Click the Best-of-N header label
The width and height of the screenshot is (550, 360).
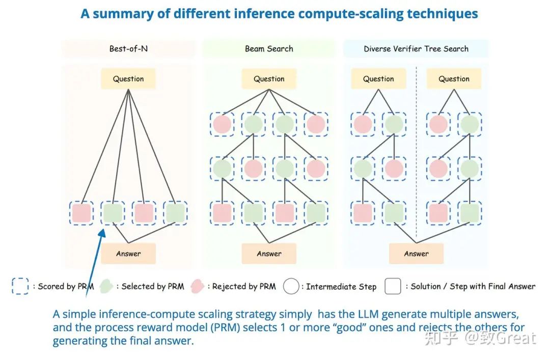coord(128,49)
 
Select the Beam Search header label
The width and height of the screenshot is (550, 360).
coord(269,49)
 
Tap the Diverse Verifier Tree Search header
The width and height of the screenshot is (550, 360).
coord(416,49)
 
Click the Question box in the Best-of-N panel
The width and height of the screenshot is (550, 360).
coord(128,79)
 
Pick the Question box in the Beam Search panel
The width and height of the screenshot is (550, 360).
coord(269,79)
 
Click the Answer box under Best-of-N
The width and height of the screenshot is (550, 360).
coord(128,254)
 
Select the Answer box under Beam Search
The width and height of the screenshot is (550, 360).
coord(269,254)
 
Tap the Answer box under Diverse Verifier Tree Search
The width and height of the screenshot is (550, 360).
coord(416,254)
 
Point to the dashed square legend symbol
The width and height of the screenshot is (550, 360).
coord(20,286)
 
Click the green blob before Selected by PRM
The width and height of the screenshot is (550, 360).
coord(107,286)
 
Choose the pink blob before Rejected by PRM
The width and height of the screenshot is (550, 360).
coord(197,286)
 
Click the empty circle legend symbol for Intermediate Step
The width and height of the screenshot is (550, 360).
coord(291,286)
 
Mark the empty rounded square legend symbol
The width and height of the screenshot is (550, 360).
coord(393,286)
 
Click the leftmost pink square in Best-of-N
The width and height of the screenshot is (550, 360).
coord(81,213)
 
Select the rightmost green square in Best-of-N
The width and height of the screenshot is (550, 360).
coord(175,213)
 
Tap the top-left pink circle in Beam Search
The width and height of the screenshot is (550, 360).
coord(222,124)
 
